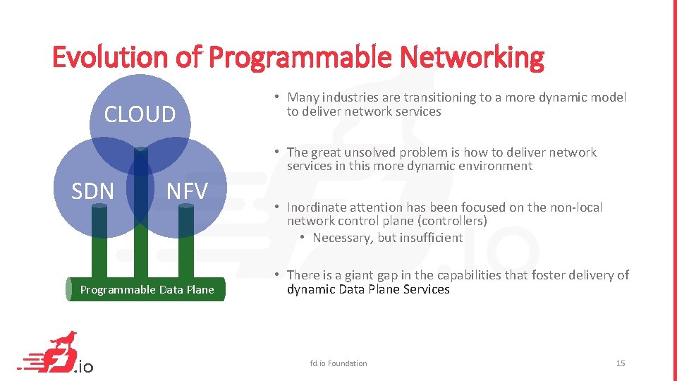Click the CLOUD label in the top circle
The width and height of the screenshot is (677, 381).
(140, 114)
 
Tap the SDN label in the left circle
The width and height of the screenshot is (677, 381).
(92, 191)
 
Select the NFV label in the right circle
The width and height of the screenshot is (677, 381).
(187, 191)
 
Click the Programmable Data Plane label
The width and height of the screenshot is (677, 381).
(147, 290)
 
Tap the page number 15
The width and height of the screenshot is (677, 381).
(621, 363)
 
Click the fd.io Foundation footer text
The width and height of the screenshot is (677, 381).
(338, 363)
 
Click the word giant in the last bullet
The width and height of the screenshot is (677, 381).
(360, 275)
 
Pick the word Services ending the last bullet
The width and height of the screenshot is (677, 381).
(425, 289)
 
